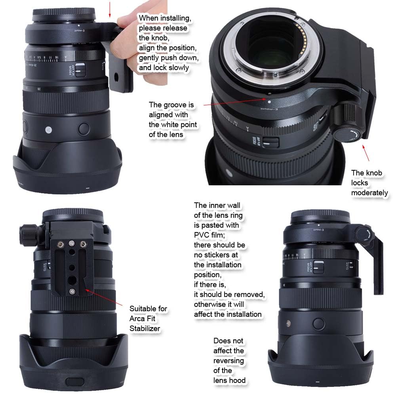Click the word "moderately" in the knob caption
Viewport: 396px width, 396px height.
coord(369,193)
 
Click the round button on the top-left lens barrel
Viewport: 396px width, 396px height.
coord(84,128)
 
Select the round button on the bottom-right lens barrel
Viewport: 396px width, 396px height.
coord(319,323)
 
